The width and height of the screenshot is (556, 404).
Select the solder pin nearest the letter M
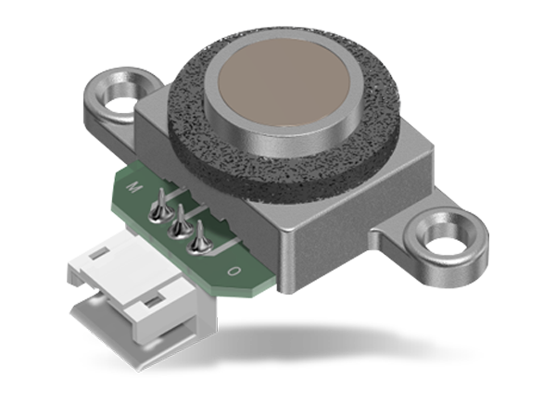(158, 198)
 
